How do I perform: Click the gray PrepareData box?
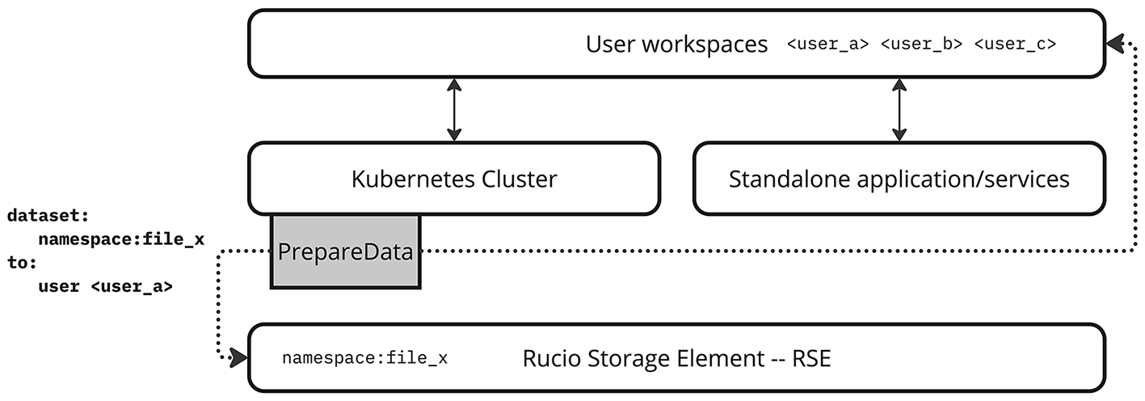point(346,251)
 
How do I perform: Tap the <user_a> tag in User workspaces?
point(827,44)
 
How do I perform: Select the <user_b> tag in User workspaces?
point(921,44)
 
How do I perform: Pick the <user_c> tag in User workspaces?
point(1015,44)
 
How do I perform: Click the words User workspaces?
point(676,44)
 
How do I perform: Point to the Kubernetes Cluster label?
point(454,179)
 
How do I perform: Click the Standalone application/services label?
point(899,179)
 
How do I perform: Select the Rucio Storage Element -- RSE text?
point(676,358)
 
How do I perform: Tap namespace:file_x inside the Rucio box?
point(364,358)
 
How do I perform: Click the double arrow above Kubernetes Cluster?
point(454,109)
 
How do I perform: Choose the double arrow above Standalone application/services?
point(899,109)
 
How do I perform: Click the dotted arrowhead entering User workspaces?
point(1115,43)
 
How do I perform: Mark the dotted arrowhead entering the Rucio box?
point(238,357)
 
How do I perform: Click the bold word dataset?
point(48,215)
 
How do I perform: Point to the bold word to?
point(22,263)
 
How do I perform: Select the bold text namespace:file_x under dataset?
point(121,238)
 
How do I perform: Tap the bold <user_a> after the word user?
point(132,286)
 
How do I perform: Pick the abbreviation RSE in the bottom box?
point(811,358)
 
